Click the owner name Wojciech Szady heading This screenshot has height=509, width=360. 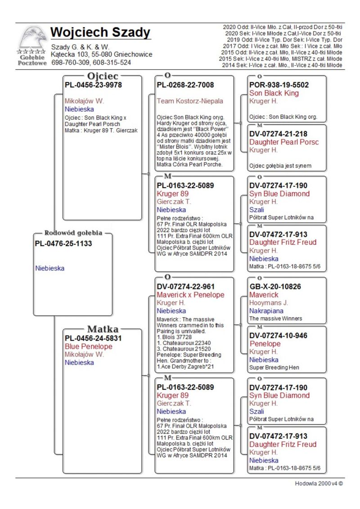pos(100,33)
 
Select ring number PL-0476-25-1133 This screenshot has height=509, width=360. pos(63,243)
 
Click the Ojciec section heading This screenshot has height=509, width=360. pos(103,76)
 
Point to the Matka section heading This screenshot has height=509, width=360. pos(103,329)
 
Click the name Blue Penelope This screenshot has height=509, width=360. pos(89,347)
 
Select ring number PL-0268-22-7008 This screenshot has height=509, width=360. pos(185,85)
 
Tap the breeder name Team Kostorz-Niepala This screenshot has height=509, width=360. pos(190,101)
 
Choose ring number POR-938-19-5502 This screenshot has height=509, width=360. pos(279,85)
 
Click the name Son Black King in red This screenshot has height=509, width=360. pos(274,93)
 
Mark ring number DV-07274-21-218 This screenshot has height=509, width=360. pos(279,134)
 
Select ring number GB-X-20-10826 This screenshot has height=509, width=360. pos(275,287)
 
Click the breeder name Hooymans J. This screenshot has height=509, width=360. pos(269,303)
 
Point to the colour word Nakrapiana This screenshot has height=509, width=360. pos(267,311)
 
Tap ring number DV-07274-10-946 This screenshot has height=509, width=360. pos(279,335)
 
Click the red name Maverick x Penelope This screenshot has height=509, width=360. pos(190,295)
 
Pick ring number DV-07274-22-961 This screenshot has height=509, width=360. pos(185,287)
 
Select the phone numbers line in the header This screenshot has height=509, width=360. pos(91,63)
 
